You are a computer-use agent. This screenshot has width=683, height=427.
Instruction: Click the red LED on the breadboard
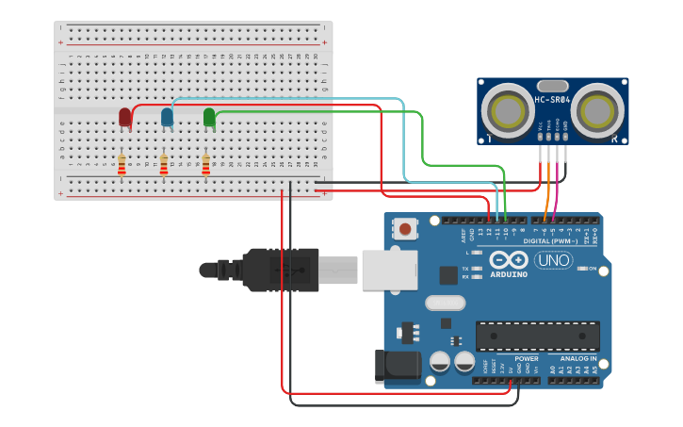click(124, 117)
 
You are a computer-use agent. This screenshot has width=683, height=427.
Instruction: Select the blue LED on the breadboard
click(167, 116)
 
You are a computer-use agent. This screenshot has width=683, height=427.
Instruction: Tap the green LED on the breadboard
click(209, 117)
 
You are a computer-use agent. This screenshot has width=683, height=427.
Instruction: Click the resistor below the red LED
click(122, 166)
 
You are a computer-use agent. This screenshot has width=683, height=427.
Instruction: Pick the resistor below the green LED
click(206, 166)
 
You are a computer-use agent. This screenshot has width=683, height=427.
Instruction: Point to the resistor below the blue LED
click(164, 166)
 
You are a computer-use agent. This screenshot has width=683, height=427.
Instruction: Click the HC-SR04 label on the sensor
click(552, 101)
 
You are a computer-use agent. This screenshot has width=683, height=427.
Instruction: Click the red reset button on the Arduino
click(406, 228)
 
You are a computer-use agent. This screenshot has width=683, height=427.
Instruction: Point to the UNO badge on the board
click(553, 259)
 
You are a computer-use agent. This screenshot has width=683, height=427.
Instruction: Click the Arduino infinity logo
click(508, 260)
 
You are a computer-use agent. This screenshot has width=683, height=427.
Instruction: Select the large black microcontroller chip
click(537, 336)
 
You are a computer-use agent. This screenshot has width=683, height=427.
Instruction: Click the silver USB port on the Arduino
click(388, 270)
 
